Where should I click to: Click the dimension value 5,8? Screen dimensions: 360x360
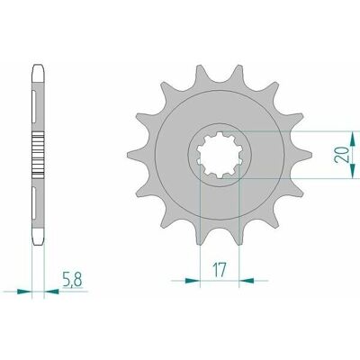click(72, 280)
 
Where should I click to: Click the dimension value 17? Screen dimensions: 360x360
click(220, 270)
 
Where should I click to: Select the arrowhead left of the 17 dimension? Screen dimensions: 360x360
click(193, 281)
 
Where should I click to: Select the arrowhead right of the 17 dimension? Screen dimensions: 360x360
click(247, 281)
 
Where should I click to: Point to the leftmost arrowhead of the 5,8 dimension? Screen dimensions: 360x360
click(24, 291)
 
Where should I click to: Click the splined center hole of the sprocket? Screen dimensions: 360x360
click(220, 155)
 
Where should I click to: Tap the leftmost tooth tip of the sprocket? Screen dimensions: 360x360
click(128, 155)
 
